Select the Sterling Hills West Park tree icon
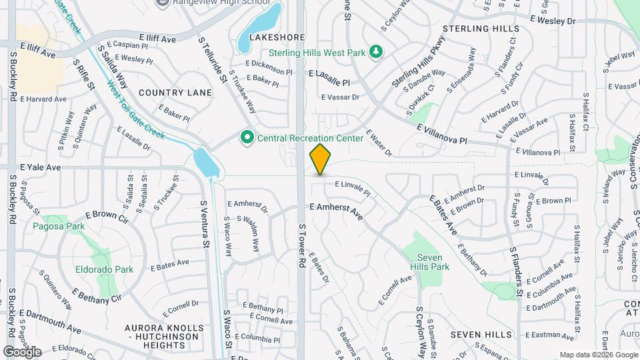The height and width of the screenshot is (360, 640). [376, 52]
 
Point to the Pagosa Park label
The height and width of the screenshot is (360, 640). [59, 226]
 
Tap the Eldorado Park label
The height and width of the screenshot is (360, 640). [105, 269]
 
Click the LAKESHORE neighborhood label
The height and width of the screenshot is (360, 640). [272, 38]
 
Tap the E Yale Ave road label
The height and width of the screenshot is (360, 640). [40, 167]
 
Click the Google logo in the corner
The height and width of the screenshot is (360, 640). [22, 351]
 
